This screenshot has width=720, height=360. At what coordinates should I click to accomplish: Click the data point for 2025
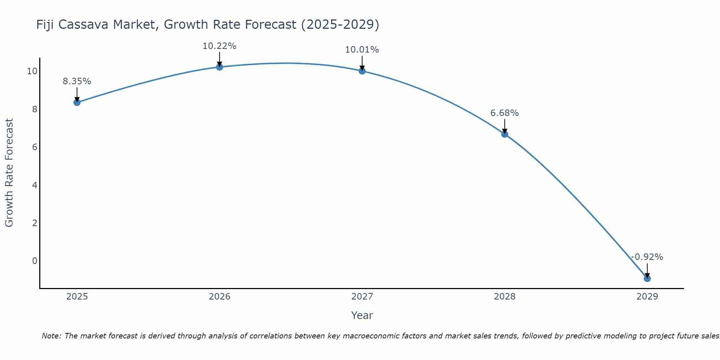(77, 102)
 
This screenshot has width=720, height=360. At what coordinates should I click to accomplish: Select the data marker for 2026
(219, 67)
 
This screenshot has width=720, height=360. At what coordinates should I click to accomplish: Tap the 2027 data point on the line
(362, 71)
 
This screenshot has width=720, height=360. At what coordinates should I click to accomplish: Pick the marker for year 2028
(504, 134)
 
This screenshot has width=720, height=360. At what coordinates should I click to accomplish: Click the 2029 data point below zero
(647, 278)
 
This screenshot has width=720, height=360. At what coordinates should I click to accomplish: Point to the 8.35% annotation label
(77, 81)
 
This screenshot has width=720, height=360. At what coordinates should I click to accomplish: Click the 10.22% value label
(219, 46)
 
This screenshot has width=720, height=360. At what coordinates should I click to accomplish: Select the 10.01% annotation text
(362, 50)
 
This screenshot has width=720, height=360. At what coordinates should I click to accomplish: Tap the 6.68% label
(504, 113)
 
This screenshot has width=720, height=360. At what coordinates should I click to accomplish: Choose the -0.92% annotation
(647, 257)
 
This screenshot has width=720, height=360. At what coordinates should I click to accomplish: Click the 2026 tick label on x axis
(219, 297)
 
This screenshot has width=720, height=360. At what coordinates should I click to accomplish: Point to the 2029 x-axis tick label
(647, 297)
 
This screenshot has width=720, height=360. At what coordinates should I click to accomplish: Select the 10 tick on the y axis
(32, 71)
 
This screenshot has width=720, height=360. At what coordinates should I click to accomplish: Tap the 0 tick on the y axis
(35, 261)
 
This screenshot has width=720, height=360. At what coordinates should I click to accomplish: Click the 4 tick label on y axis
(35, 185)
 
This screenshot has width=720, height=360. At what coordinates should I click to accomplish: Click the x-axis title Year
(362, 315)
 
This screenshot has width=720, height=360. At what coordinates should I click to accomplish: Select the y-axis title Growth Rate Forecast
(9, 173)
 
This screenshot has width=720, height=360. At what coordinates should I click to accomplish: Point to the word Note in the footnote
(51, 336)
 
